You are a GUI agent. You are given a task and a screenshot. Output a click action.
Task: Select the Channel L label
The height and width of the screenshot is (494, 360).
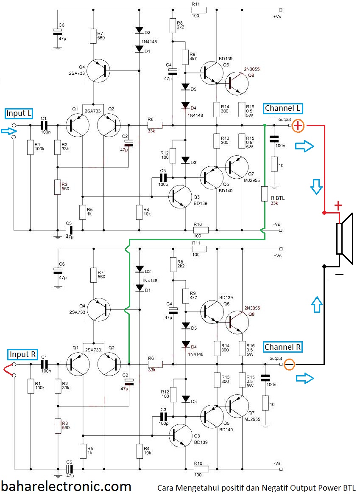tap(282, 108)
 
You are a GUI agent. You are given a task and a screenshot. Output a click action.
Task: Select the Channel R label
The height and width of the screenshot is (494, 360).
tap(282, 347)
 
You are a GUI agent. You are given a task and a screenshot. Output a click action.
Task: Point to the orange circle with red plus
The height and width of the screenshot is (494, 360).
tap(299, 126)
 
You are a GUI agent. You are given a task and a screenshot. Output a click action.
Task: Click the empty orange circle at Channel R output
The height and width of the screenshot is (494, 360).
tap(289, 364)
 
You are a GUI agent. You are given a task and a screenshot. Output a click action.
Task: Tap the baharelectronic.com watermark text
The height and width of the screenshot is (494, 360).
tap(66, 486)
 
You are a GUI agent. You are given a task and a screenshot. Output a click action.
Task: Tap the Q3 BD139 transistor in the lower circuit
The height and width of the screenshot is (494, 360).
tap(181, 436)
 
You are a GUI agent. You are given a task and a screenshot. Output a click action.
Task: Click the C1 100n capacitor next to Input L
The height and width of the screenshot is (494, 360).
tap(44, 125)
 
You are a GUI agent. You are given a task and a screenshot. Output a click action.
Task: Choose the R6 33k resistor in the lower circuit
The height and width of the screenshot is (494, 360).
tap(155, 364)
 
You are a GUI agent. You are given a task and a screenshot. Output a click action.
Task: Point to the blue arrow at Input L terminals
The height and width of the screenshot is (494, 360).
tap(6, 132)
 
